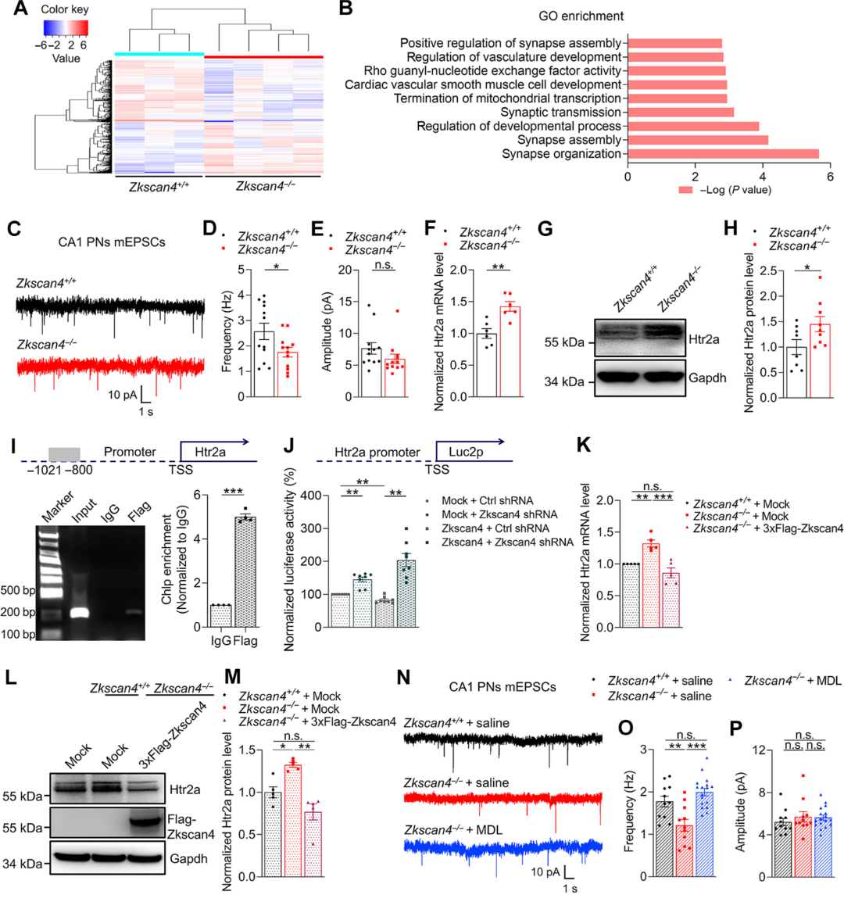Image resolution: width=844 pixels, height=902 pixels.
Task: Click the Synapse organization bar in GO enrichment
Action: (723, 154)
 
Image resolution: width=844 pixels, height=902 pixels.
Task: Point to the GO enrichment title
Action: (581, 16)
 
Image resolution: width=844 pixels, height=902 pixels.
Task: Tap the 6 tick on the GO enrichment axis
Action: (830, 177)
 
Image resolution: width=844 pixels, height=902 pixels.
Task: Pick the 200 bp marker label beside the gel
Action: (17, 612)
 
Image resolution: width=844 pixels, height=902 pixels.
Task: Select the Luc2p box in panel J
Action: (466, 452)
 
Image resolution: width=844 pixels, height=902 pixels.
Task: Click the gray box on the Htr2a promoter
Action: (64, 454)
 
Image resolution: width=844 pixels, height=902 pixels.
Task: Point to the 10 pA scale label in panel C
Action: (123, 395)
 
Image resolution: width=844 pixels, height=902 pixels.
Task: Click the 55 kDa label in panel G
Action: (564, 342)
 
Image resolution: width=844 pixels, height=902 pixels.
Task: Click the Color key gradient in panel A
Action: (66, 28)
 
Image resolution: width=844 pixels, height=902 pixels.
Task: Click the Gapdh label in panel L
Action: (189, 858)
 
